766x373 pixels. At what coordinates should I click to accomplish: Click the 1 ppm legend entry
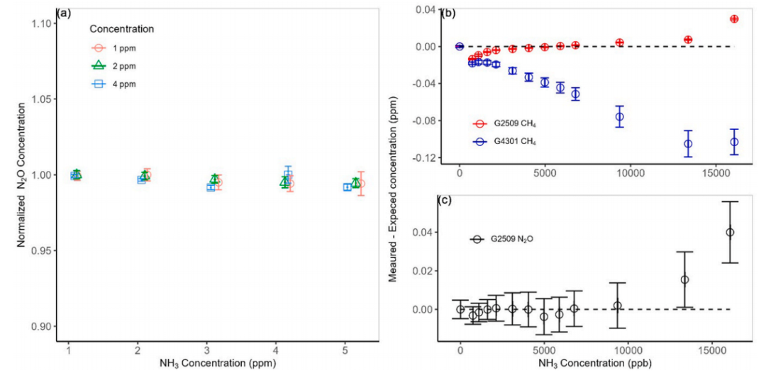(x=115, y=48)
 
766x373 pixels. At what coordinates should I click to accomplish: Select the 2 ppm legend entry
(x=115, y=66)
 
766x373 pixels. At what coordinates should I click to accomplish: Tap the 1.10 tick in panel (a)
(x=43, y=23)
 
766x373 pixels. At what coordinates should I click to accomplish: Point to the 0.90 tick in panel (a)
(x=43, y=327)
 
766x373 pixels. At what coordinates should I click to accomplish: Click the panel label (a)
(x=62, y=12)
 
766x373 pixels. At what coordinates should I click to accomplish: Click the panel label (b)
(x=450, y=12)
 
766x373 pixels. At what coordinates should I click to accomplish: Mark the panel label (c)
(x=450, y=196)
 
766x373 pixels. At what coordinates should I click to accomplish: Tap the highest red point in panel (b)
(x=734, y=19)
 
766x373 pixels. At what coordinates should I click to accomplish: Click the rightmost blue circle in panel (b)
(x=734, y=142)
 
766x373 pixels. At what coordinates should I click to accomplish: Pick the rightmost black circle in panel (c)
(x=730, y=232)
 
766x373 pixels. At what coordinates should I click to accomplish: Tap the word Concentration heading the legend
(x=122, y=29)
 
